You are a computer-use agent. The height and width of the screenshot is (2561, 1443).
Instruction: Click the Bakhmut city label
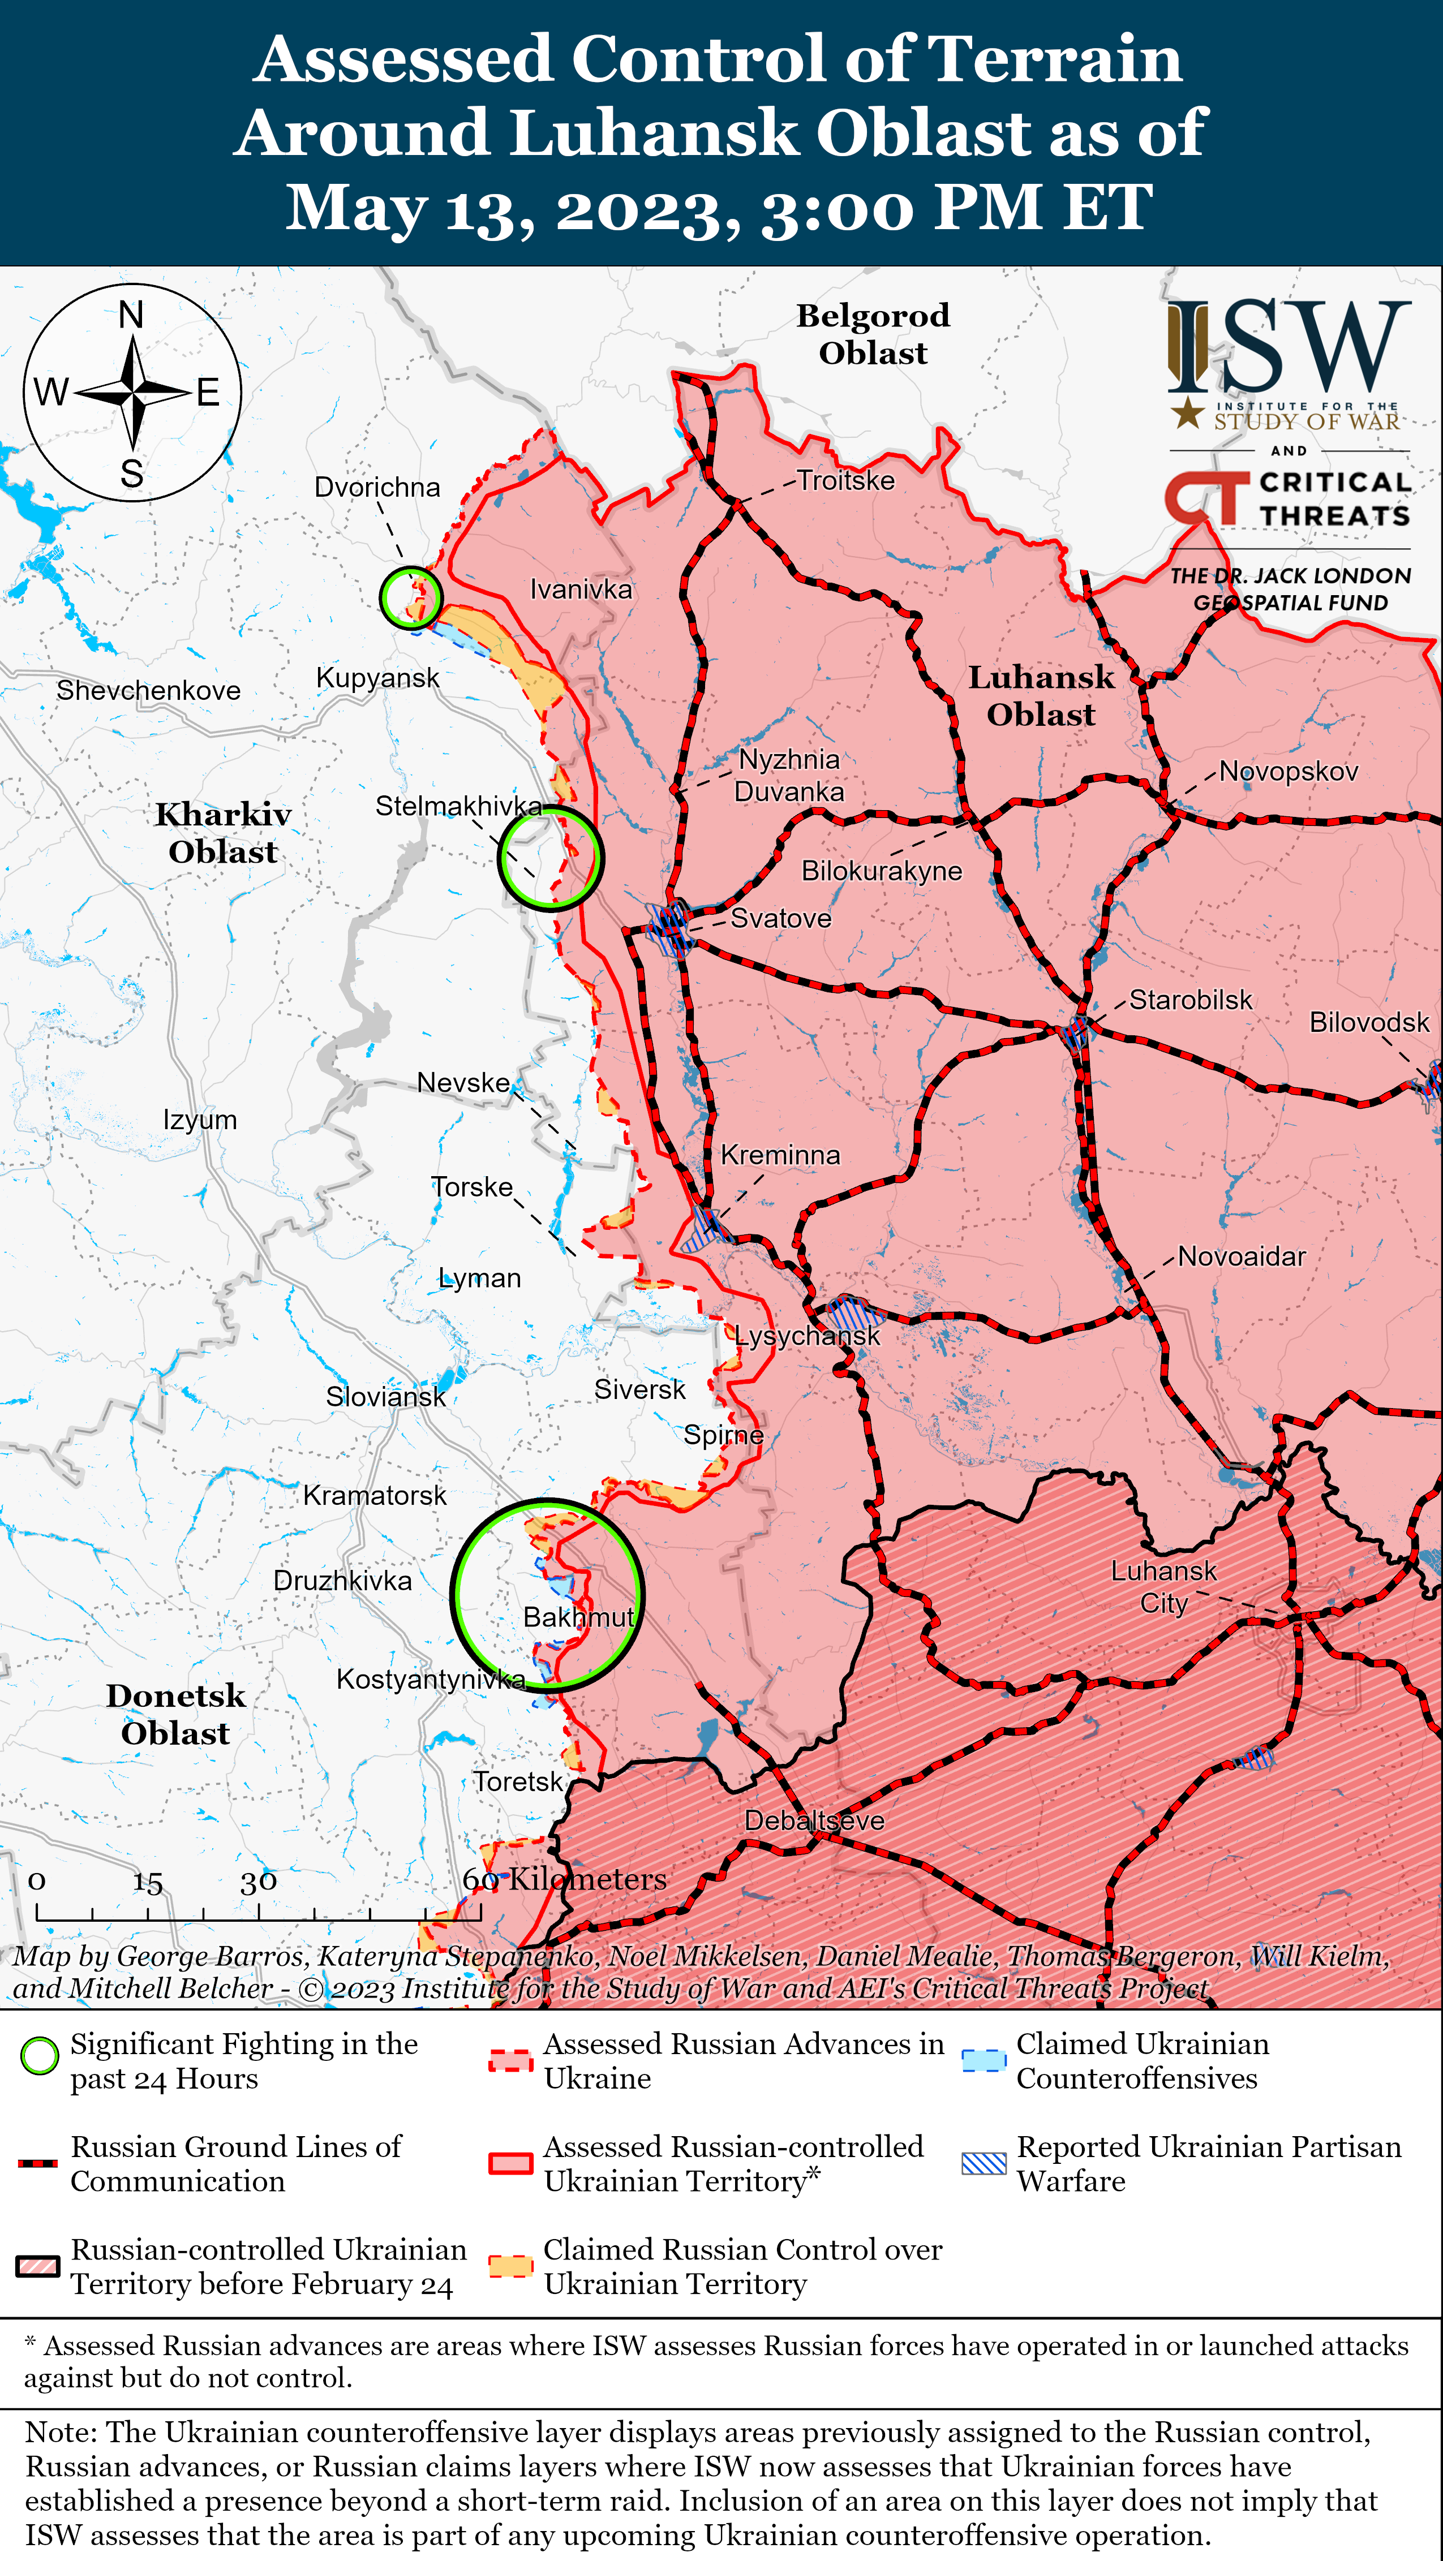click(578, 1617)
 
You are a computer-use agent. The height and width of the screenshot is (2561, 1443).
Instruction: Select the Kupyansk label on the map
click(377, 678)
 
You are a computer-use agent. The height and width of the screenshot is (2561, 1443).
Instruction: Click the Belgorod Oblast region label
click(873, 334)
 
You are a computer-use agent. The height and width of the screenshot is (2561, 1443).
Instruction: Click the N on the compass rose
click(131, 315)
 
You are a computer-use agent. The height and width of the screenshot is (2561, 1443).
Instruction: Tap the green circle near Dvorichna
click(411, 597)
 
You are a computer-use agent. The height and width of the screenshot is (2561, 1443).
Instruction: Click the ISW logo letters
click(1289, 348)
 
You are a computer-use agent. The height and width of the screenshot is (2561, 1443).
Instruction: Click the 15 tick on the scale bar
click(148, 1883)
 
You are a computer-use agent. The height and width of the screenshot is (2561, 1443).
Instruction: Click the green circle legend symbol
click(40, 2056)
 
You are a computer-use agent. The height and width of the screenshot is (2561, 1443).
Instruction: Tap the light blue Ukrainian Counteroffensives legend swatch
click(984, 2060)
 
